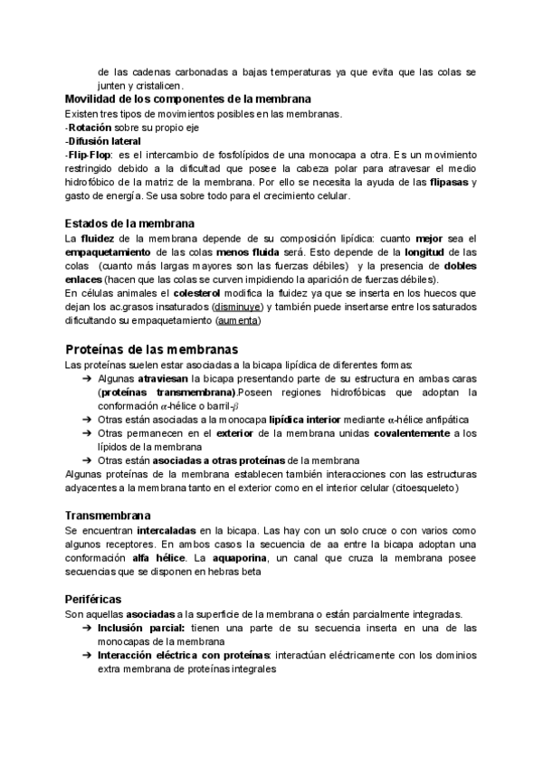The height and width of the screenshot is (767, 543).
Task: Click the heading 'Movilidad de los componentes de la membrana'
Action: point(188,99)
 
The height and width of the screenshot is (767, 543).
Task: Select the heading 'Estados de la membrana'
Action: point(130,223)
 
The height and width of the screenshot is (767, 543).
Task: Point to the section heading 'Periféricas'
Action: point(93,599)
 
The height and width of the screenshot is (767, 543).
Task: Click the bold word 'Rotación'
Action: point(93,128)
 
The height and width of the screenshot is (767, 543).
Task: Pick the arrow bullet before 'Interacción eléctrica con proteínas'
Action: point(85,656)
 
